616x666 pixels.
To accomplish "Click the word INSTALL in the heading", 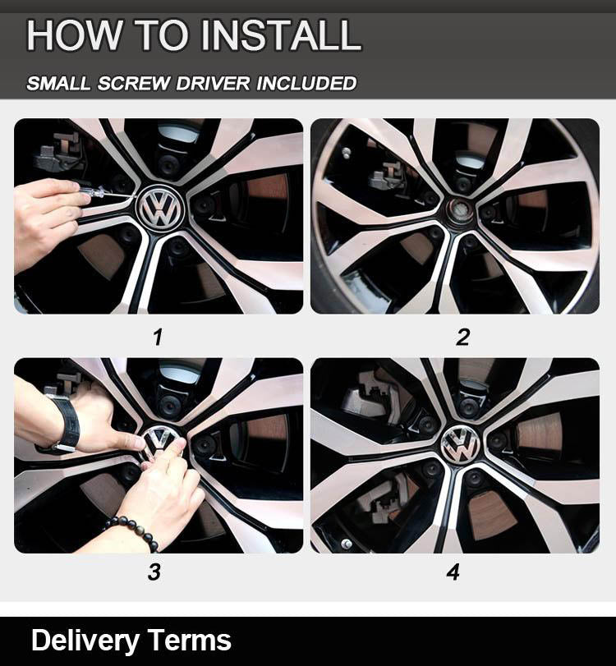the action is point(281,34).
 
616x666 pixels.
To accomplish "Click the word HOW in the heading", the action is point(74,34).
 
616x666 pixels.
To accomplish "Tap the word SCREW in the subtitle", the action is point(134,83).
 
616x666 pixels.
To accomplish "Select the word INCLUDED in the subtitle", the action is point(306,83).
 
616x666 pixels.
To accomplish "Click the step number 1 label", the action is point(158,338).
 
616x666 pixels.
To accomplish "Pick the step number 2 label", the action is point(462,338).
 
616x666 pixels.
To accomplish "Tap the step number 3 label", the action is point(154,572).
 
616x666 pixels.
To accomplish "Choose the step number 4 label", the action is point(453,572).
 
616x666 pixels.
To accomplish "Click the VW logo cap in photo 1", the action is point(160,208).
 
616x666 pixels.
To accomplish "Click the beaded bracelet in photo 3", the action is point(132,532).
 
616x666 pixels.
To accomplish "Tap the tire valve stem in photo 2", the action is point(347,153).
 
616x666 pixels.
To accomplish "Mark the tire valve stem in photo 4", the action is point(347,544).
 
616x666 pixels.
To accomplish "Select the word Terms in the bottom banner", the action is point(190,640).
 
